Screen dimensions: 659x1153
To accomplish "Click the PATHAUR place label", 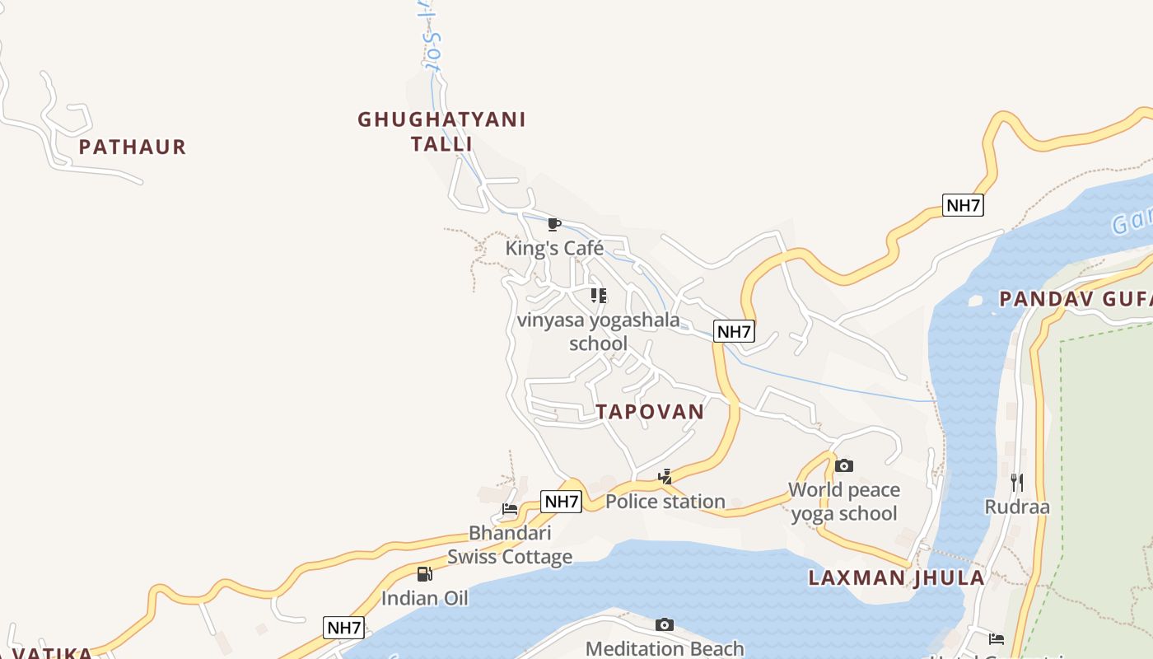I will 133,147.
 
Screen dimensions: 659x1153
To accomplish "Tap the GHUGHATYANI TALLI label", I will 441,132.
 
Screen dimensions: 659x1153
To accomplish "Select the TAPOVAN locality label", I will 651,412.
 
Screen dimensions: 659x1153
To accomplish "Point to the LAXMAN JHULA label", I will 896,577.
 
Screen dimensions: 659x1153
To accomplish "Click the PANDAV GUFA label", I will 1076,299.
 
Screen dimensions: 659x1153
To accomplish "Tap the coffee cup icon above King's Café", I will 554,224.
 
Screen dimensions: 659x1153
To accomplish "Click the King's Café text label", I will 554,248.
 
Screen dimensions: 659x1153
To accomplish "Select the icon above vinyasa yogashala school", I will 599,295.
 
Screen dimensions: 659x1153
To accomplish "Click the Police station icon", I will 665,476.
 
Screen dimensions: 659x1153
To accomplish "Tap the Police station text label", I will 665,501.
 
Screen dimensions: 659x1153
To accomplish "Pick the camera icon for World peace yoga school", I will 843,466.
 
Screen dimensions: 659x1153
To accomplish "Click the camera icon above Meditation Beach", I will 665,625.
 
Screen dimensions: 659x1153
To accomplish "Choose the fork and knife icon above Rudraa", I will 1017,483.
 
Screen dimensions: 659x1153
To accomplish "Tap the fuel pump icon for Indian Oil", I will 424,574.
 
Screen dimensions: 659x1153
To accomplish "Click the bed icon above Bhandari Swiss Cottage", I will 510,509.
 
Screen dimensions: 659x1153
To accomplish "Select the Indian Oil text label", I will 424,598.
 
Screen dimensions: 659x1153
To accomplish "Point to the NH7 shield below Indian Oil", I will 343,628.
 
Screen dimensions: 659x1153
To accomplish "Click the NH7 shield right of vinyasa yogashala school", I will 734,332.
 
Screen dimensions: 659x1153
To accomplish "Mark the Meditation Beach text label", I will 665,649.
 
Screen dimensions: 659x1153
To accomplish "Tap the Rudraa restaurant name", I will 1017,507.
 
